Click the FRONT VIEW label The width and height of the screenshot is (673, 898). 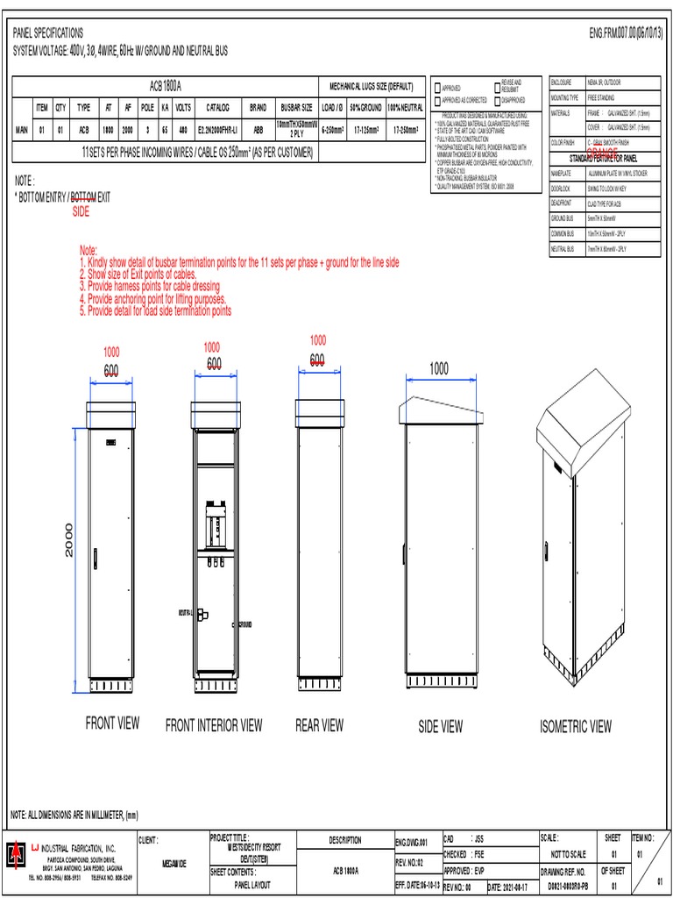(112, 723)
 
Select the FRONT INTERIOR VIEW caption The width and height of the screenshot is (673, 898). (214, 725)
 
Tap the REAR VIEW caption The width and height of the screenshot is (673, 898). (319, 725)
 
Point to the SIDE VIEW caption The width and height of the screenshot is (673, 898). (440, 726)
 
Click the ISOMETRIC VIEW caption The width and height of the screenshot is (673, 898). (576, 726)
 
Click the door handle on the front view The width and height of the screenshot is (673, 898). (96, 556)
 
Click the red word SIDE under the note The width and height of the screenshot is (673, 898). (81, 211)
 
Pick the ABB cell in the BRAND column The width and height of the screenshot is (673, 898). (259, 130)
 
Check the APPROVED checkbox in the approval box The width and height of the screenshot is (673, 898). (437, 88)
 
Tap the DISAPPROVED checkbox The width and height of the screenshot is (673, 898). (498, 100)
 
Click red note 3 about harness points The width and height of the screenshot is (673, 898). (150, 287)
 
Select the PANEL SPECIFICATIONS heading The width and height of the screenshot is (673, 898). (48, 32)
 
